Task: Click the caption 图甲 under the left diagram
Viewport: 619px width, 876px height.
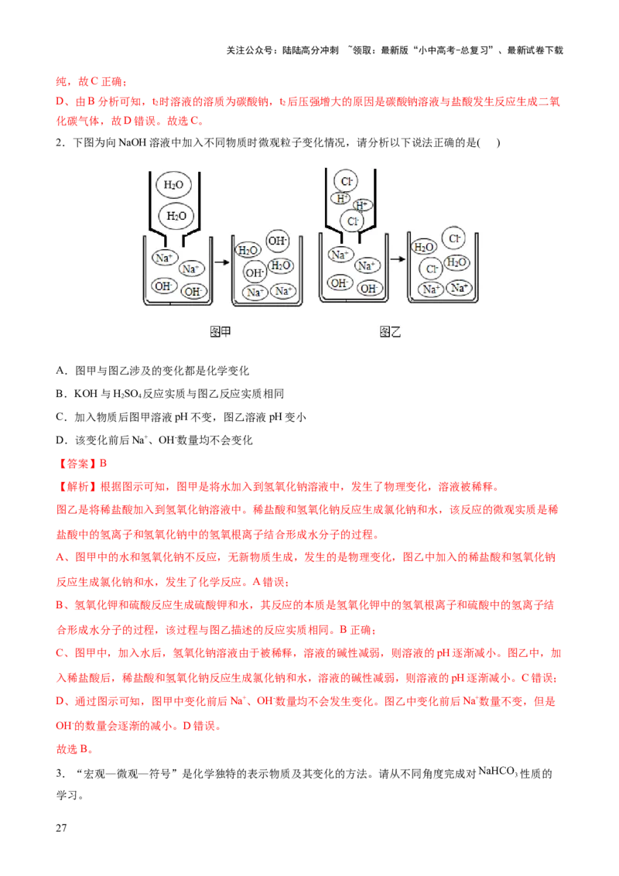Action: pos(221,332)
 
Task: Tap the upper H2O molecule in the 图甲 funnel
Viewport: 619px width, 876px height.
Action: pos(172,186)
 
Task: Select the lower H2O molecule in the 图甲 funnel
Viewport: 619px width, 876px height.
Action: pos(176,215)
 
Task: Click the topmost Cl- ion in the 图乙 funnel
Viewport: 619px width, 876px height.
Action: pos(346,181)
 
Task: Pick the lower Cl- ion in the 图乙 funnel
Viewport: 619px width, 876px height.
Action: pos(353,221)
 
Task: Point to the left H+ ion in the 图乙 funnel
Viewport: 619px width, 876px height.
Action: pos(340,198)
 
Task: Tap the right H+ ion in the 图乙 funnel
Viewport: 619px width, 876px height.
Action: pos(362,206)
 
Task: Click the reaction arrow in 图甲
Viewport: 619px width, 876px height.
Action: pos(221,263)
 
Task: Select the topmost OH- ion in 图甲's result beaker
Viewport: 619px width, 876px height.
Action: pos(277,241)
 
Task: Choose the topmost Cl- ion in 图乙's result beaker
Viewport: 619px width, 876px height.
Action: pos(453,238)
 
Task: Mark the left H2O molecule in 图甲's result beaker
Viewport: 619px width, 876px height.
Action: pos(248,250)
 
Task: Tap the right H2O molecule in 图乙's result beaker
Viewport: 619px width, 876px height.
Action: pos(457,262)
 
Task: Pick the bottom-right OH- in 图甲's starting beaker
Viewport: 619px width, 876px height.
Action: pos(193,292)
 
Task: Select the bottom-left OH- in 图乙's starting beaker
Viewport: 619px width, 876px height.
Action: pos(339,283)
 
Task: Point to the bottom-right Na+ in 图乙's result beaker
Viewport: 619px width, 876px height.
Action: pos(460,289)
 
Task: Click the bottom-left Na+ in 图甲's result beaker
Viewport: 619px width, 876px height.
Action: pos(255,292)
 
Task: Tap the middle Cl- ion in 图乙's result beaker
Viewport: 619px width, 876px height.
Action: pos(431,269)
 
